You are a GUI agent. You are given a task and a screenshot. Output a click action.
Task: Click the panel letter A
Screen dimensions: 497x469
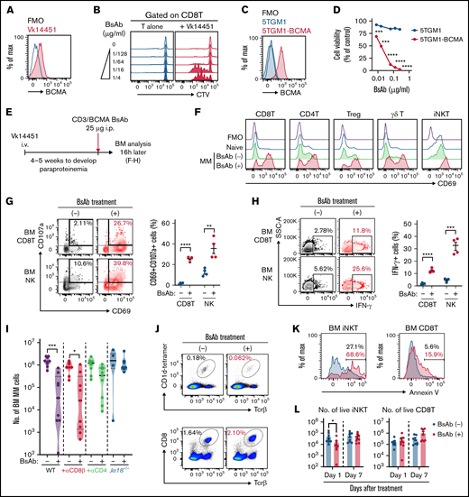(x=5, y=7)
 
